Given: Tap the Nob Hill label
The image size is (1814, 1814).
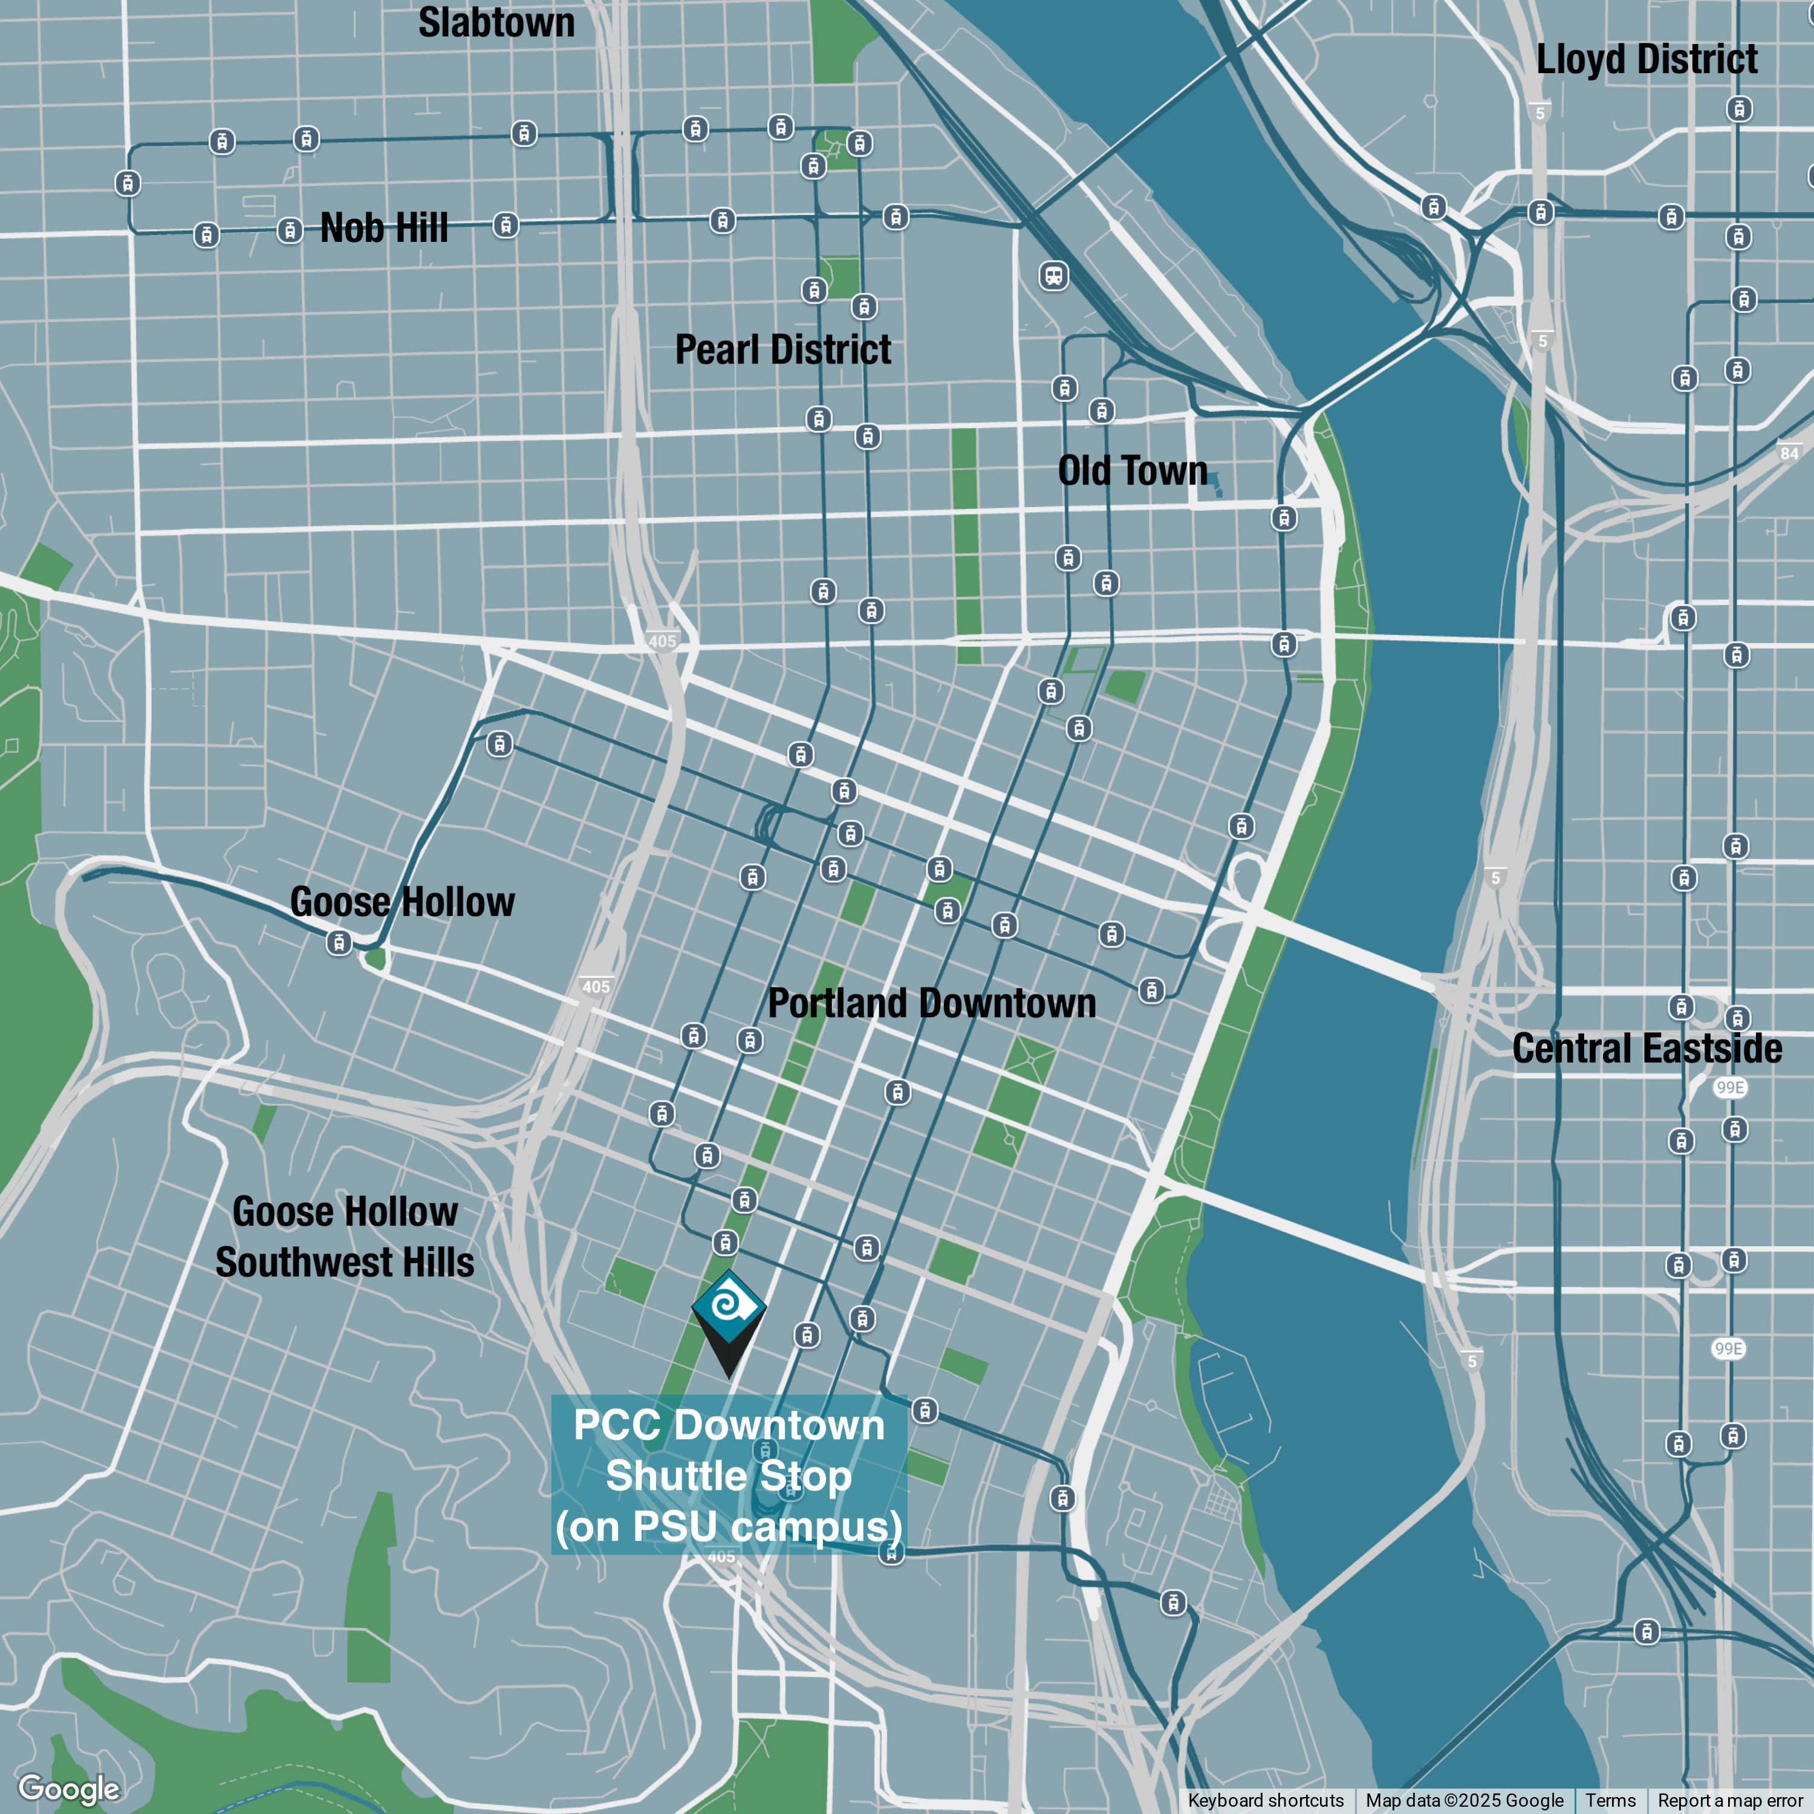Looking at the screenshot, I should coord(383,228).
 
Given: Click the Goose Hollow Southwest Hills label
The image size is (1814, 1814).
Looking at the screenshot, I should coord(345,1237).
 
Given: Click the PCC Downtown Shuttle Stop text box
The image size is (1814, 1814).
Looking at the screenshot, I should coord(729,1475).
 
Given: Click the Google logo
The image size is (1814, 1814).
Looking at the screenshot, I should coord(68,1789).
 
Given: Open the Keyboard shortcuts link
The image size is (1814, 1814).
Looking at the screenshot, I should coord(1265,1800).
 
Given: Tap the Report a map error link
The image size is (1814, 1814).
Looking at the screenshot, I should coord(1729,1800).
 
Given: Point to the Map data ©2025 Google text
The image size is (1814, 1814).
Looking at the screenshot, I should coord(1464,1800).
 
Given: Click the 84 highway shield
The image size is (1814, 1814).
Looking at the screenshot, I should coord(1789,453).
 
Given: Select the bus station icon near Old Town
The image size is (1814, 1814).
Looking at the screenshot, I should coord(1053,276).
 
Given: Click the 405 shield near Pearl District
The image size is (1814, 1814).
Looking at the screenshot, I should coord(662,642).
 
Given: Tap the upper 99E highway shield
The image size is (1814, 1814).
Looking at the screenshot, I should coord(1729,1087).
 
